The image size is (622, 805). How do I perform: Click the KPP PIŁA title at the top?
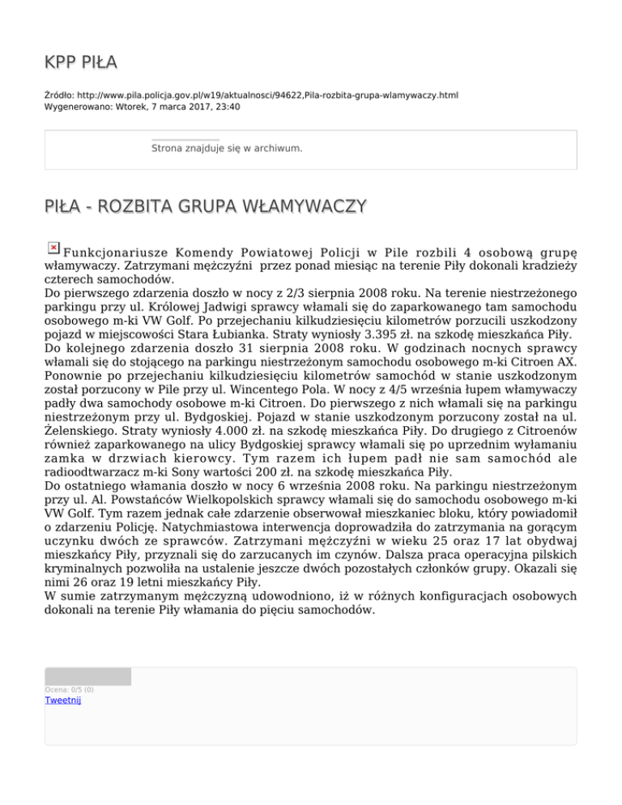pyautogui.click(x=81, y=62)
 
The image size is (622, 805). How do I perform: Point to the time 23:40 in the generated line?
pyautogui.click(x=227, y=106)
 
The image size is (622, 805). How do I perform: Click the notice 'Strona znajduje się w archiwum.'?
pyautogui.click(x=227, y=148)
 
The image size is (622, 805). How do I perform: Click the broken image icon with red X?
pyautogui.click(x=53, y=248)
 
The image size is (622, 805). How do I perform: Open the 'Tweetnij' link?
pyautogui.click(x=63, y=701)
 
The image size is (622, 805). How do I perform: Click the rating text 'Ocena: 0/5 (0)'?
pyautogui.click(x=69, y=690)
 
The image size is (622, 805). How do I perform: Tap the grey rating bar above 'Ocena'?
pyautogui.click(x=87, y=676)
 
